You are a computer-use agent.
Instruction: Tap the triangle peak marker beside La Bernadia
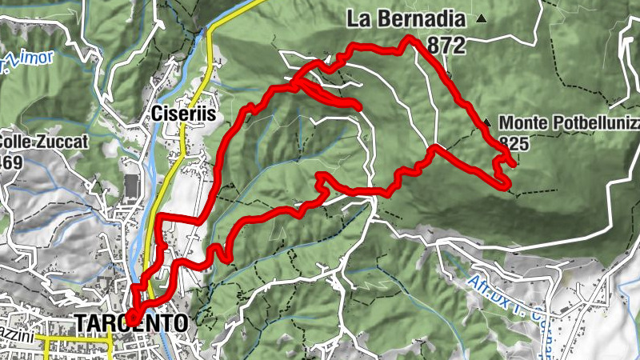481,18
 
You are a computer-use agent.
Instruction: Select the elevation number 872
446,46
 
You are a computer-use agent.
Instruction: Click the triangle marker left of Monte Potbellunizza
487,122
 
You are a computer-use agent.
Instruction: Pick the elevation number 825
512,142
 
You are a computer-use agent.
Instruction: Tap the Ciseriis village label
183,114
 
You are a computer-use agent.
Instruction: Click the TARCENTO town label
131,322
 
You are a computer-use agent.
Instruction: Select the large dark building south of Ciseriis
130,185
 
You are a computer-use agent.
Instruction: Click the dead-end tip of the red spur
358,105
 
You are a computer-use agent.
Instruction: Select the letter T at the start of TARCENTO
80,323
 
